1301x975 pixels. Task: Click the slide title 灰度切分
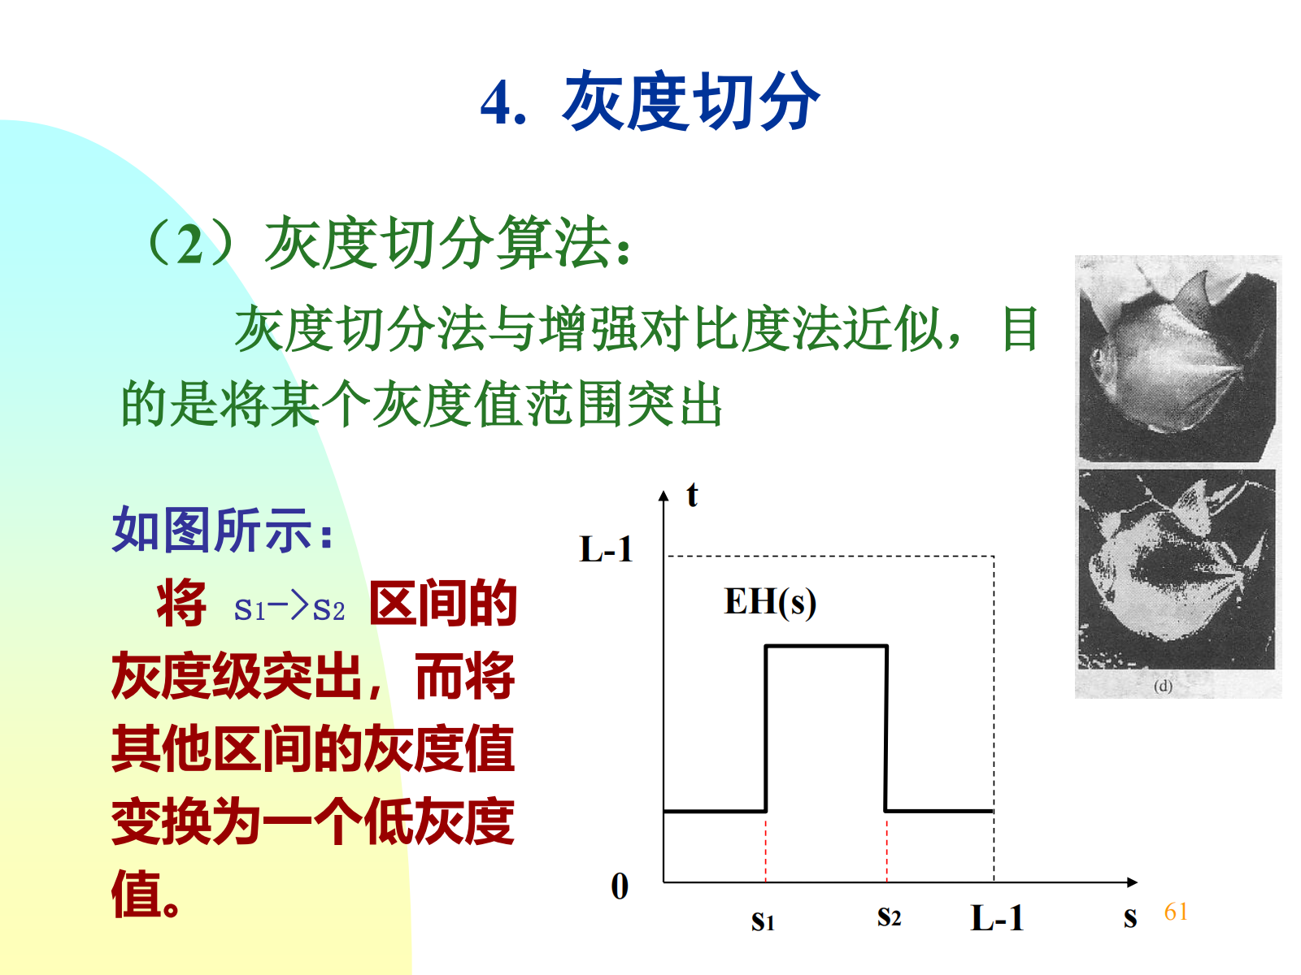pyautogui.click(x=691, y=101)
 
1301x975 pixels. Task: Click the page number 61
pyautogui.click(x=1175, y=912)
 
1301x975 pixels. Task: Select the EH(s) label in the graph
pyautogui.click(x=770, y=602)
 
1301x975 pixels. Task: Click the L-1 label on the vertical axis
pyautogui.click(x=606, y=548)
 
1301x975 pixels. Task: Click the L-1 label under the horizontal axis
pyautogui.click(x=997, y=918)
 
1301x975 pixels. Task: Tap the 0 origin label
pyautogui.click(x=620, y=886)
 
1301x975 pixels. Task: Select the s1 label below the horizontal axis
pyautogui.click(x=762, y=921)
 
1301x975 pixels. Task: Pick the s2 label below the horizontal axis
pyautogui.click(x=889, y=916)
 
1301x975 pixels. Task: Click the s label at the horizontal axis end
pyautogui.click(x=1130, y=917)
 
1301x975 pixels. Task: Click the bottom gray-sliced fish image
pyautogui.click(x=1177, y=570)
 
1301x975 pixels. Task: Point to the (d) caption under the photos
pyautogui.click(x=1163, y=686)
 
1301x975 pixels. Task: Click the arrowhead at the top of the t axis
pyautogui.click(x=664, y=496)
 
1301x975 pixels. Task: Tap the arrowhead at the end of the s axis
pyautogui.click(x=1132, y=882)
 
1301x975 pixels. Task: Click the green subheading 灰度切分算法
pyautogui.click(x=388, y=243)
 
